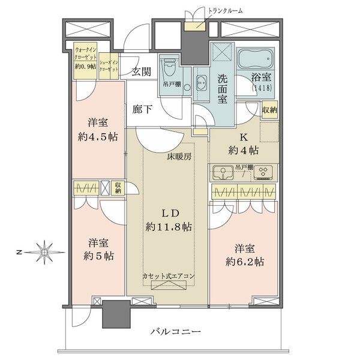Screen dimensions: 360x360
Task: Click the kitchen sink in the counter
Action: (x=223, y=173)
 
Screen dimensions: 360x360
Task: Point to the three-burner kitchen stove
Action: (x=263, y=172)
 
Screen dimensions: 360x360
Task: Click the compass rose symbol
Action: (x=44, y=253)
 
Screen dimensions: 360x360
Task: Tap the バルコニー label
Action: (x=175, y=332)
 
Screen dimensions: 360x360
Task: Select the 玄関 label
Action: (x=142, y=72)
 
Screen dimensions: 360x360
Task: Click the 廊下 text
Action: (x=142, y=109)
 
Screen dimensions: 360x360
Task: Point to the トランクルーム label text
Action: (x=225, y=11)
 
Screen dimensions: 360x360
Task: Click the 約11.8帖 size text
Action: (x=169, y=227)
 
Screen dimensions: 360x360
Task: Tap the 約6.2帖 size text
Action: (x=245, y=262)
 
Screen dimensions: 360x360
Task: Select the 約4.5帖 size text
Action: (x=98, y=137)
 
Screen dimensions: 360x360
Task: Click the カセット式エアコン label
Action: (x=169, y=276)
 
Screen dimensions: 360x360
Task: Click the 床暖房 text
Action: (x=179, y=157)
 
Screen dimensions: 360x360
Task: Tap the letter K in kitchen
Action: (x=244, y=137)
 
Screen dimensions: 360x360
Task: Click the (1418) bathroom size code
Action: (x=262, y=88)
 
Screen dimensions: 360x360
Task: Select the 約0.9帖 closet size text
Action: (x=85, y=67)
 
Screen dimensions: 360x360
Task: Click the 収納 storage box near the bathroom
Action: (x=270, y=110)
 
